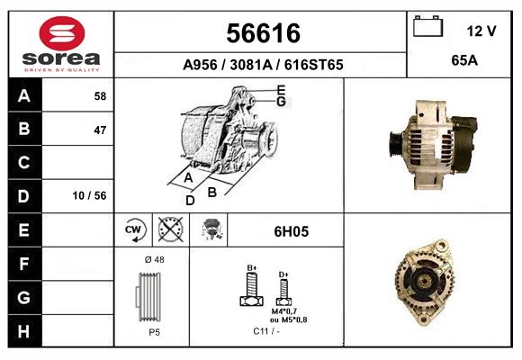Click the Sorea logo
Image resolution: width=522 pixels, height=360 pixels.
pyautogui.click(x=61, y=44)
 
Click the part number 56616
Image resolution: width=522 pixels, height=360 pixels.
pyautogui.click(x=261, y=33)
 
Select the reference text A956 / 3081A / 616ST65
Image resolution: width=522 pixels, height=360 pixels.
pyautogui.click(x=262, y=66)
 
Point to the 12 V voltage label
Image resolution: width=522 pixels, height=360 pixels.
pyautogui.click(x=481, y=31)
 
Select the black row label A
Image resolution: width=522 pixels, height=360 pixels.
pyautogui.click(x=23, y=95)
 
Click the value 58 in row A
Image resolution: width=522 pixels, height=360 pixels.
pyautogui.click(x=99, y=95)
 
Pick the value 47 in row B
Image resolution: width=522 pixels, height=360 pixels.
pyautogui.click(x=99, y=130)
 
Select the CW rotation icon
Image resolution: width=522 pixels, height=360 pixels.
pyautogui.click(x=134, y=230)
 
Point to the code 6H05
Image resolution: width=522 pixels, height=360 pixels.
pyautogui.click(x=291, y=231)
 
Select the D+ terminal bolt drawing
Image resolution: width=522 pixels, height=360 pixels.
pyautogui.click(x=283, y=291)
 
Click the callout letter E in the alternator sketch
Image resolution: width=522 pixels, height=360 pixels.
pyautogui.click(x=281, y=90)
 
